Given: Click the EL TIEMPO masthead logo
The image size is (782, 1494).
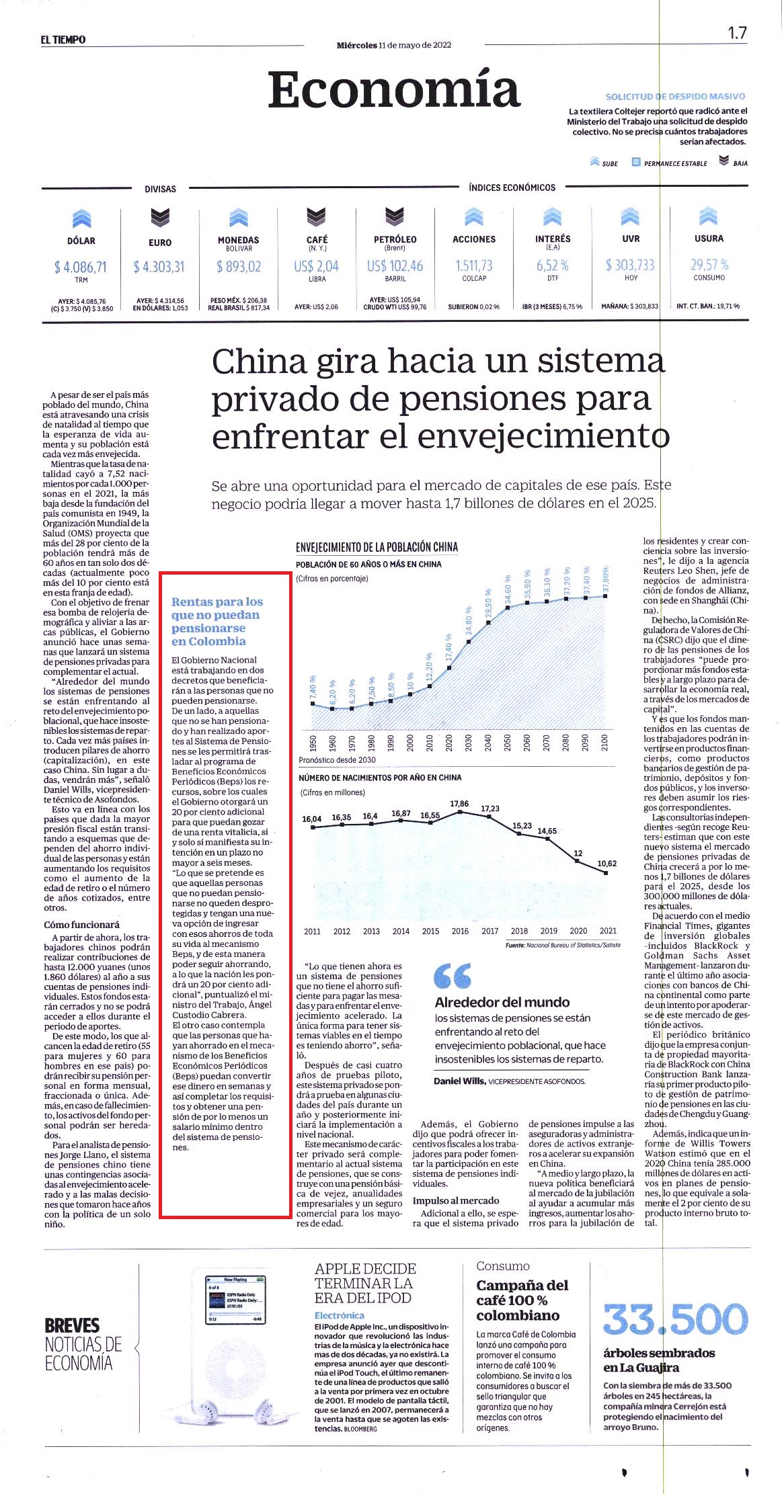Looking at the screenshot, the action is coord(63,40).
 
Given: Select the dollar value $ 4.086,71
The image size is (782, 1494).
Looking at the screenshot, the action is coord(81,267).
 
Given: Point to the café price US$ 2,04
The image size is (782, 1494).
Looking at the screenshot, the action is coord(317,266).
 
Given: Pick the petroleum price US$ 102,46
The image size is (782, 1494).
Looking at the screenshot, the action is coord(395,266).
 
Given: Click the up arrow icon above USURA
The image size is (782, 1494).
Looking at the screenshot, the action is coord(709,216).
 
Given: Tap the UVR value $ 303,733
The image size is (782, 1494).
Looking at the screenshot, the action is coord(630,265).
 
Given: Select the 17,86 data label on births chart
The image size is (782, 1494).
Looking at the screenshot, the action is coord(459,804).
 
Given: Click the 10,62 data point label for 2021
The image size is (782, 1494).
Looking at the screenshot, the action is coord(607,864).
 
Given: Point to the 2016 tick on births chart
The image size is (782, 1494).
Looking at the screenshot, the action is coord(460,931).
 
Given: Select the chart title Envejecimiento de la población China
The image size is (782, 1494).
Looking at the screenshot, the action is coord(377,547).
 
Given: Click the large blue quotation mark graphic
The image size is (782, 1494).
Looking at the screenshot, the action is coord(453,975).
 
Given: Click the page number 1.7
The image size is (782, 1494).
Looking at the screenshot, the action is coord(738,33).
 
